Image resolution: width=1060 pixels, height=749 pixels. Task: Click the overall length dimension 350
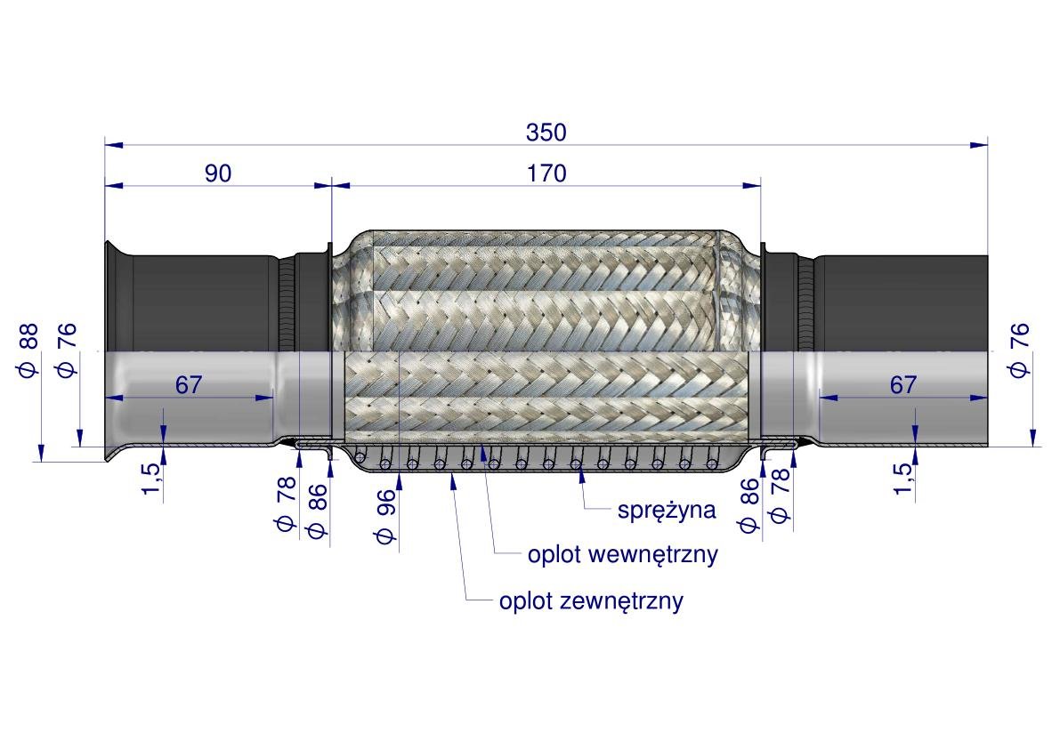[x=546, y=133]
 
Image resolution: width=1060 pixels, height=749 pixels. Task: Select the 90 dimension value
[x=218, y=173]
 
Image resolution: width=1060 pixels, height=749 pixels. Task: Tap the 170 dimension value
[x=546, y=173]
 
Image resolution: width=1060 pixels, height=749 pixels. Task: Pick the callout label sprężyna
[x=667, y=510]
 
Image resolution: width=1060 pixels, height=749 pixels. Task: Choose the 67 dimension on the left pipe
[x=189, y=385]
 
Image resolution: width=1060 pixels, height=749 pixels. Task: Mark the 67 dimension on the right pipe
[x=902, y=385]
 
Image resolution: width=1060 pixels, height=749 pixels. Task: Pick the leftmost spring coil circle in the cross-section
[x=360, y=459]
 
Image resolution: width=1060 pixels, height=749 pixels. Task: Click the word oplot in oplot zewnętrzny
[x=525, y=601]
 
